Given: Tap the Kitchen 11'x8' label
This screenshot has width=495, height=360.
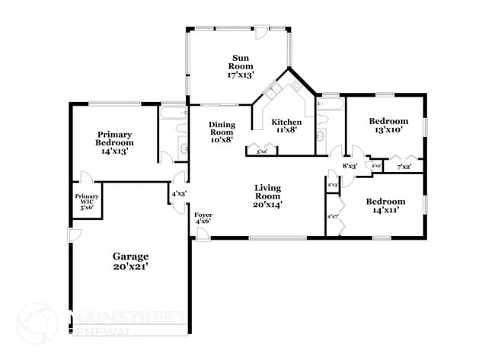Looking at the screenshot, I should (287, 126).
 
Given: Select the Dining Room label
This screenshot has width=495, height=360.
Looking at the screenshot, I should (222, 132).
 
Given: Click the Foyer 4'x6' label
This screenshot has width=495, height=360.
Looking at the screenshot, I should (203, 218).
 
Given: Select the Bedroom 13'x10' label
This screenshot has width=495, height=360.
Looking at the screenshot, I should (388, 125).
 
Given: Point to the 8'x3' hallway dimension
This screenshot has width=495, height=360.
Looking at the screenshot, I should (350, 165).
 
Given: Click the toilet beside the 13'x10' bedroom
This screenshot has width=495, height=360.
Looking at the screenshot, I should (324, 138).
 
